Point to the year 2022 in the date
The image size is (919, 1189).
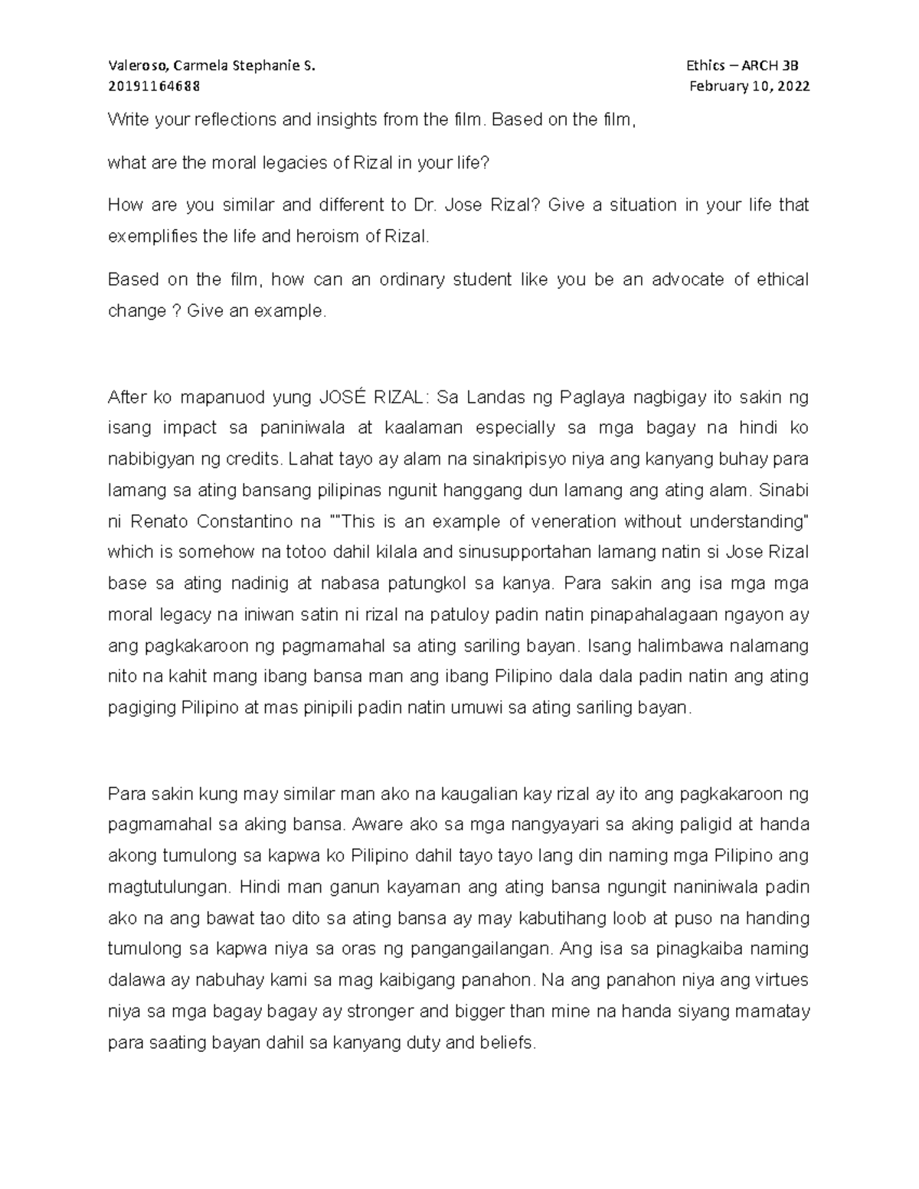click(793, 86)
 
